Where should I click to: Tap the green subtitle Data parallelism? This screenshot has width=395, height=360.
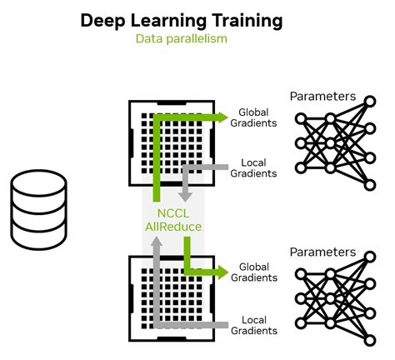(181, 38)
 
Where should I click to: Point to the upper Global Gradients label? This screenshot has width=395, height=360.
(259, 118)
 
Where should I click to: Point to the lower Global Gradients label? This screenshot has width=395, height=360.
(259, 272)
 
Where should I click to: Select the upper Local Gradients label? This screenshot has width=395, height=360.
(259, 167)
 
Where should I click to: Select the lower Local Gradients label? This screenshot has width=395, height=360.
(259, 325)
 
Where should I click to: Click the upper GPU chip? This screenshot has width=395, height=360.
(172, 143)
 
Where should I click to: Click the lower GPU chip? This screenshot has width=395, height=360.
(172, 298)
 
